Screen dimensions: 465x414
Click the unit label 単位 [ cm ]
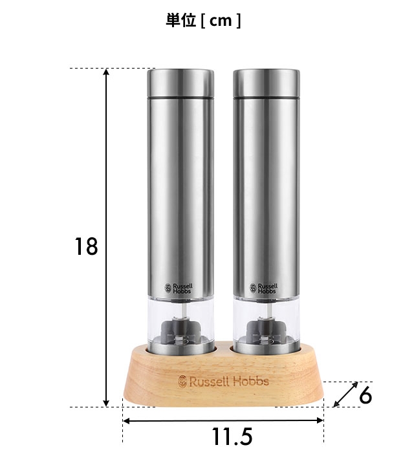[x=203, y=21]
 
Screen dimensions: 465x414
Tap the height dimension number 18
[x=85, y=246]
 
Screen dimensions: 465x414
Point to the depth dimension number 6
[x=365, y=395]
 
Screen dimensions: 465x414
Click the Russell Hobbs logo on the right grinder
[x=264, y=288]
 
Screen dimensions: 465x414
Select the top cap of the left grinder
[x=180, y=83]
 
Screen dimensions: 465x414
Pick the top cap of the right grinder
[x=266, y=83]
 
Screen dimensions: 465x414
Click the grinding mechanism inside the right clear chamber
[x=266, y=330]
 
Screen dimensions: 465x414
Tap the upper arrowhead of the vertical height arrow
[x=107, y=72]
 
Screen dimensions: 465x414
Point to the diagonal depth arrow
[x=345, y=395]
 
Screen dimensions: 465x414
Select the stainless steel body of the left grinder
[x=180, y=194]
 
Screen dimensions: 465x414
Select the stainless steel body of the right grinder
[x=266, y=194]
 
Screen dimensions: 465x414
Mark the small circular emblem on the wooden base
[x=181, y=381]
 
